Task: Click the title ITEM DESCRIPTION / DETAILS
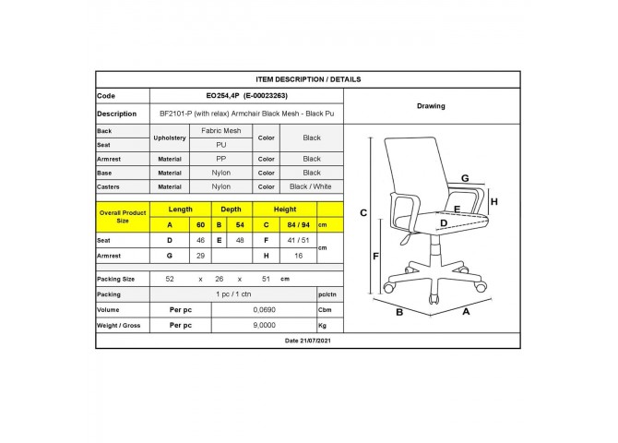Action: pos(308,79)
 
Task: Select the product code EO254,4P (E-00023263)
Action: pos(246,95)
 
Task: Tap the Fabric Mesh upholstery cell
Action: pos(220,130)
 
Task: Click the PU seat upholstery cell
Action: pos(220,145)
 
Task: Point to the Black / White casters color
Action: pos(311,186)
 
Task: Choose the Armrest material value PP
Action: pos(220,159)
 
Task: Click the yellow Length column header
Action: pos(181,210)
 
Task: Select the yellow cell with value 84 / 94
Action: pos(298,225)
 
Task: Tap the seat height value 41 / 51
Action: pos(298,240)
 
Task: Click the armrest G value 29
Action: pos(200,256)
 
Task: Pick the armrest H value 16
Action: pos(298,256)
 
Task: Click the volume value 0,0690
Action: pos(264,310)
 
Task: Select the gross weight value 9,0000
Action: pos(264,325)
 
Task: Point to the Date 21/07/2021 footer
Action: pos(308,341)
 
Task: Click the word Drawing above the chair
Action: pos(431,106)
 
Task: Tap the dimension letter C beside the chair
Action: pos(363,213)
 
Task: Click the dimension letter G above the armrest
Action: pos(465,178)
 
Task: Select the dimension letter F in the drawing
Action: pos(375,257)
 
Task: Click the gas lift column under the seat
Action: pos(434,246)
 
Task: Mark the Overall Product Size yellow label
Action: pos(123,217)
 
